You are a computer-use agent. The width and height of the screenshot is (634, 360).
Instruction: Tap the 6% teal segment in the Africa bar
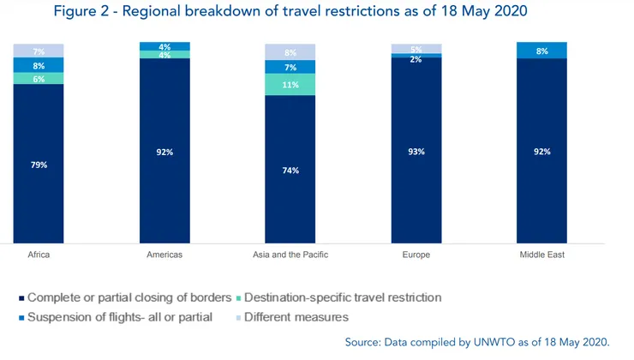point(39,78)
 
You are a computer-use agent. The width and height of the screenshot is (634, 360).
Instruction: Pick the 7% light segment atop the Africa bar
point(39,51)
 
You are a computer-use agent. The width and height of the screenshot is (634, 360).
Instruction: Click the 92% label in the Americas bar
point(164,152)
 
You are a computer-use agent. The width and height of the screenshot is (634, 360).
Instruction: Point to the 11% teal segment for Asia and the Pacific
point(290,85)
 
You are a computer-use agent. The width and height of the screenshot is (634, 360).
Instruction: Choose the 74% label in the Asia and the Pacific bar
point(290,171)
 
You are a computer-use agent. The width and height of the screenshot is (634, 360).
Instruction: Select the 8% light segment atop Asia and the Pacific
point(290,52)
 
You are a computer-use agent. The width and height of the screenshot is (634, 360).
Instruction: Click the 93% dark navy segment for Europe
point(416,150)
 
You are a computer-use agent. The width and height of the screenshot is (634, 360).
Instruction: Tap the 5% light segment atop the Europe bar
point(416,48)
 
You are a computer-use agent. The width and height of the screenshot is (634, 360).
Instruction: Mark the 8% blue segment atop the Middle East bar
point(541,51)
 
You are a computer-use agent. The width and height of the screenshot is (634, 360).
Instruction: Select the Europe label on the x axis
point(416,256)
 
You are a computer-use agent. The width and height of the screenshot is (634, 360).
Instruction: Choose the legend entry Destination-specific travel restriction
point(343,297)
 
